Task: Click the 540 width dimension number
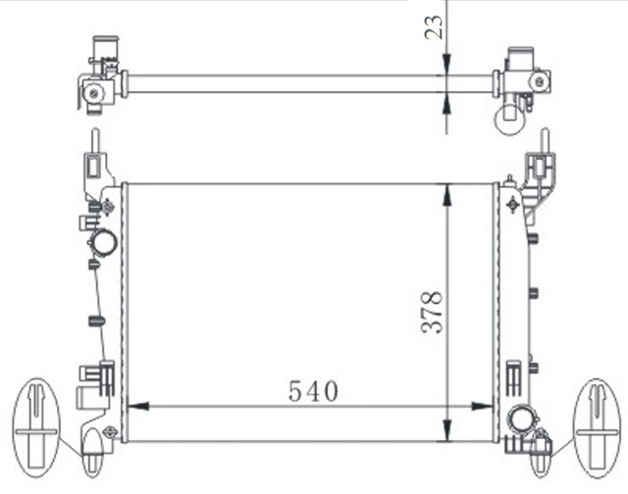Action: (x=313, y=391)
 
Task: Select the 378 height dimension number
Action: (x=433, y=312)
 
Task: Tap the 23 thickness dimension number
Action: (x=433, y=29)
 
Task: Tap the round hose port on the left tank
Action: (x=103, y=241)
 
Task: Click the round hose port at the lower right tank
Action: (x=518, y=420)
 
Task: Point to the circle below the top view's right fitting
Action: (x=510, y=119)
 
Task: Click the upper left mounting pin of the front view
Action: (x=94, y=157)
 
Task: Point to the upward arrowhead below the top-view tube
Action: (x=447, y=101)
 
